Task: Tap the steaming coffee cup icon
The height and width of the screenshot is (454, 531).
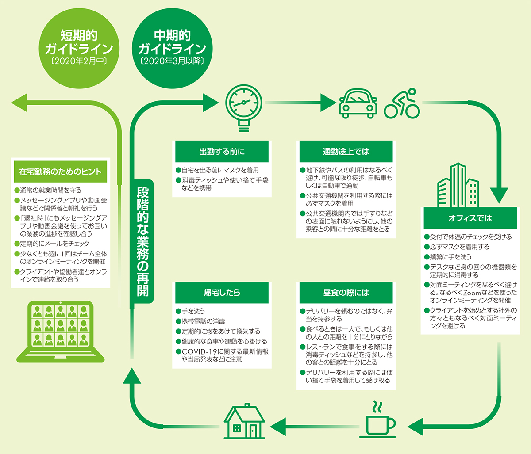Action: tap(380, 419)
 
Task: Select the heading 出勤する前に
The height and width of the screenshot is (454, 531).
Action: tap(222, 152)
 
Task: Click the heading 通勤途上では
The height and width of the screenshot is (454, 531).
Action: tap(346, 152)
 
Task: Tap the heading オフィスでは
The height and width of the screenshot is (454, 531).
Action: tap(470, 218)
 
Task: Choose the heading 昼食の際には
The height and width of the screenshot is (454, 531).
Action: tap(346, 293)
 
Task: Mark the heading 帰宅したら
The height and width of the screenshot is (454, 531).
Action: tap(222, 293)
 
